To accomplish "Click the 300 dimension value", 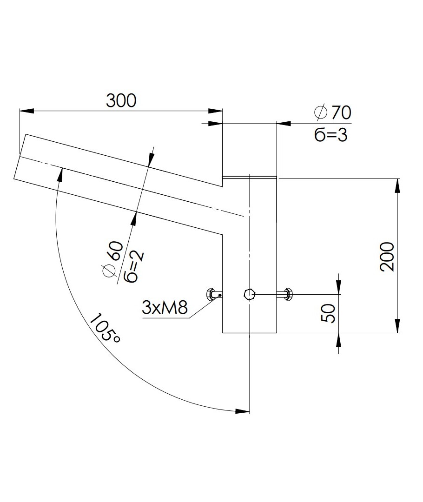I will click(121, 100).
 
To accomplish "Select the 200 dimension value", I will click(387, 256).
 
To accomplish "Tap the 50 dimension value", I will click(329, 313).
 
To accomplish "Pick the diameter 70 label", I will click(332, 112).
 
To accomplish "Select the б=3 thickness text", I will click(330, 134).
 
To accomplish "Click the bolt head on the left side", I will click(211, 294).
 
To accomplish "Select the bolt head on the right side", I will click(286, 294).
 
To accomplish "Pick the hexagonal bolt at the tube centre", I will click(249, 294).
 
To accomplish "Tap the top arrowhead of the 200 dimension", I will click(397, 185).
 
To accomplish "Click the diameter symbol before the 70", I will click(320, 112).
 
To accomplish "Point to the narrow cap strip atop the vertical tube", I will click(250, 177).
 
